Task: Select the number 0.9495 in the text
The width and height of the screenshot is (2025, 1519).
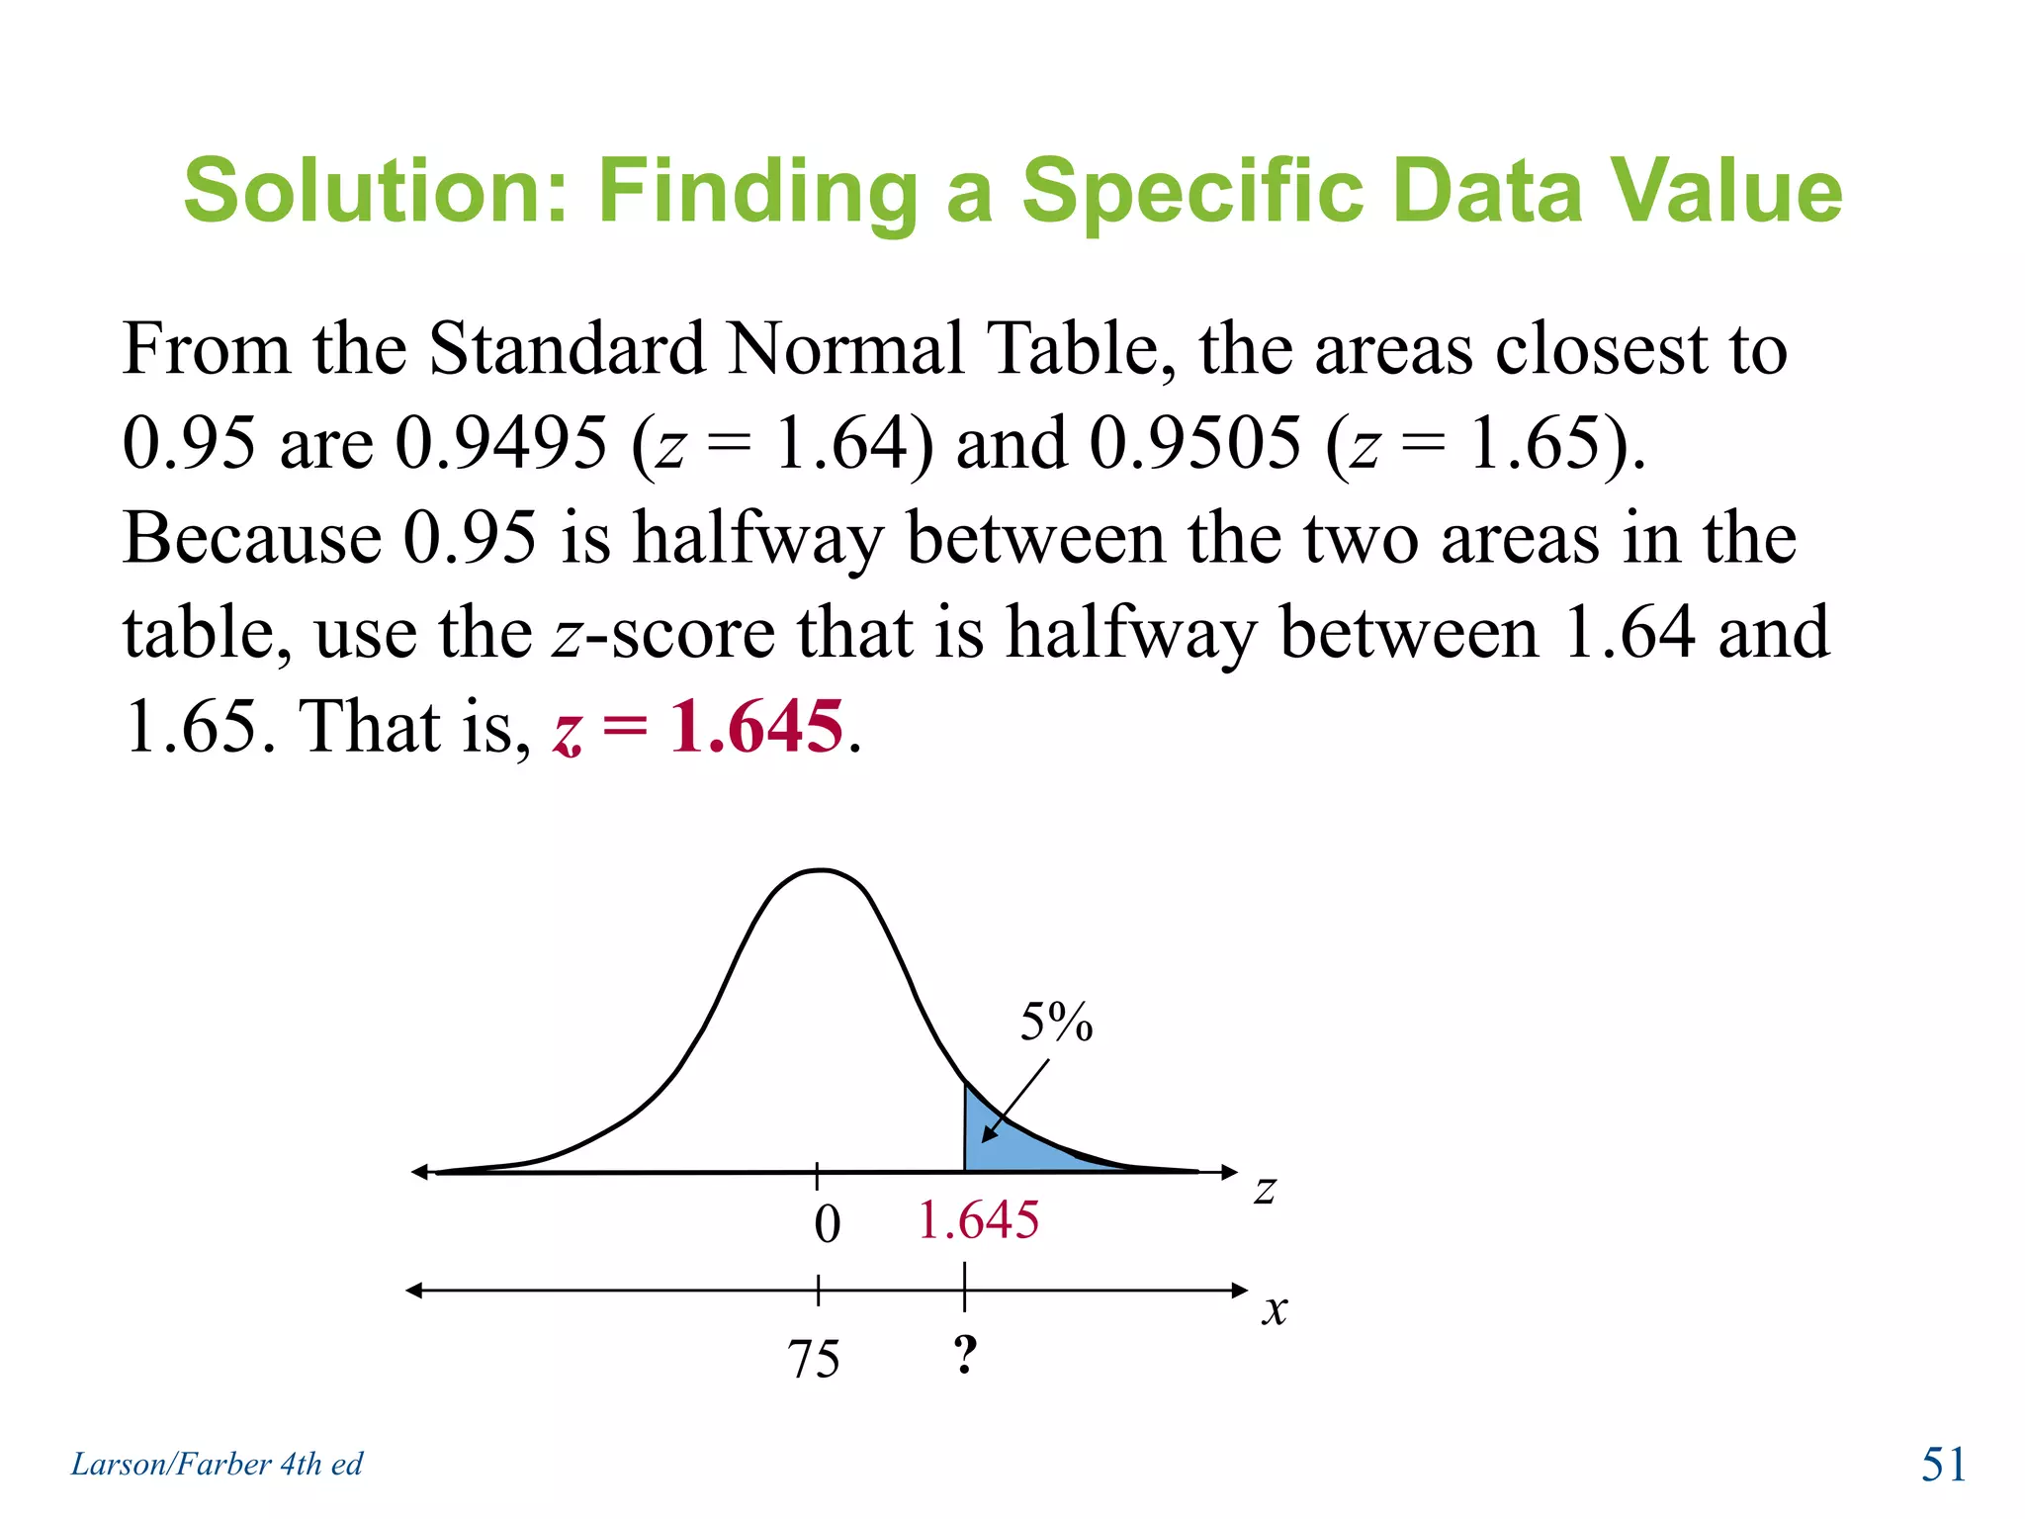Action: click(500, 442)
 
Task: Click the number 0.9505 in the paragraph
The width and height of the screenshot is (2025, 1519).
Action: click(1194, 442)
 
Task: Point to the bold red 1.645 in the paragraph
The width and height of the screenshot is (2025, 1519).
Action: click(756, 727)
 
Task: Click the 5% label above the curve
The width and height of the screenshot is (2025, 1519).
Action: click(1056, 1022)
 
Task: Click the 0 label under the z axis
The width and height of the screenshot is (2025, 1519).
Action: click(827, 1224)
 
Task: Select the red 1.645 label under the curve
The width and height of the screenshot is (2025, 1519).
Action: click(978, 1219)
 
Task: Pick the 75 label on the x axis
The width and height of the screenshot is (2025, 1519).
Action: click(814, 1359)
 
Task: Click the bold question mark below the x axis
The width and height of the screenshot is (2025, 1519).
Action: click(965, 1354)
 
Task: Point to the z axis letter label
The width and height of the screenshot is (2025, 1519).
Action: click(1265, 1190)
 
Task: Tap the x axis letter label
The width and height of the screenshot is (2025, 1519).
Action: click(1275, 1310)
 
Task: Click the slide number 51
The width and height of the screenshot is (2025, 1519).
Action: click(1943, 1464)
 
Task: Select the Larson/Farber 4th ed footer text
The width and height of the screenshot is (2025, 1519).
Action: click(217, 1464)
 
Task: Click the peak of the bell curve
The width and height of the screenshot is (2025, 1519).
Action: click(821, 870)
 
